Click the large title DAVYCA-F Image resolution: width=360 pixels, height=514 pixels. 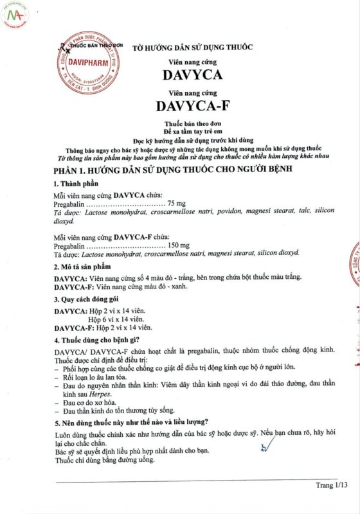point(192,103)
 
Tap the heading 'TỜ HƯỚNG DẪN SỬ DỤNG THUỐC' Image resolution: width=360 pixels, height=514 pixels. point(192,48)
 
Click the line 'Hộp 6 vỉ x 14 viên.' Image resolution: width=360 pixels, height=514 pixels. point(116,319)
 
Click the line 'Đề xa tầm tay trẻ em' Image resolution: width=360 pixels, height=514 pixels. point(192,129)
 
